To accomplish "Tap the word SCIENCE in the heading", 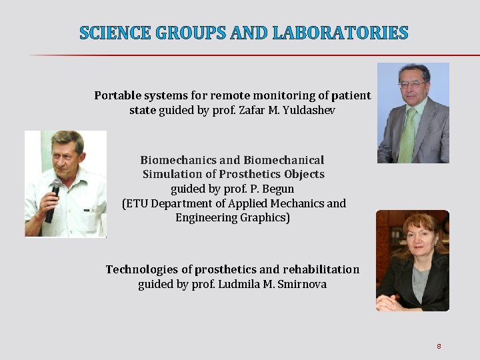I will pyautogui.click(x=115, y=32).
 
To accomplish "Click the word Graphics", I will pyautogui.click(x=263, y=218).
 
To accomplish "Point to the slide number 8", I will pyautogui.click(x=439, y=346).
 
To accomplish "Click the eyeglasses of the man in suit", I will pyautogui.click(x=412, y=85).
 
